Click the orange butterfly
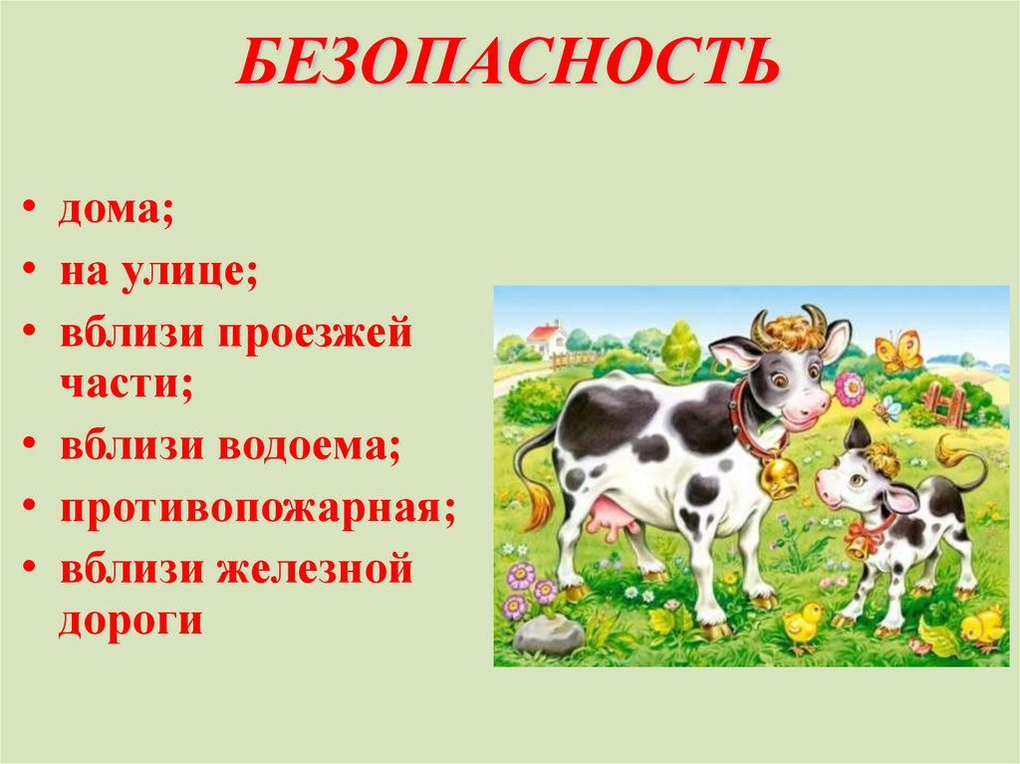897,352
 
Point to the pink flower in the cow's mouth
849,388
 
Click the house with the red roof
546,339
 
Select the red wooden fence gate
943,404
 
